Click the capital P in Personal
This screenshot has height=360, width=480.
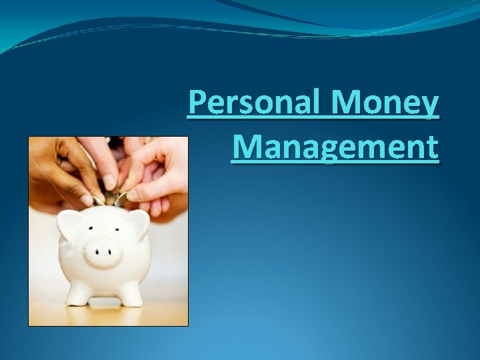[x=197, y=104]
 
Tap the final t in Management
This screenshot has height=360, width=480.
[x=433, y=147]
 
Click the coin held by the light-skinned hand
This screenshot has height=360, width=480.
[x=120, y=198]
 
